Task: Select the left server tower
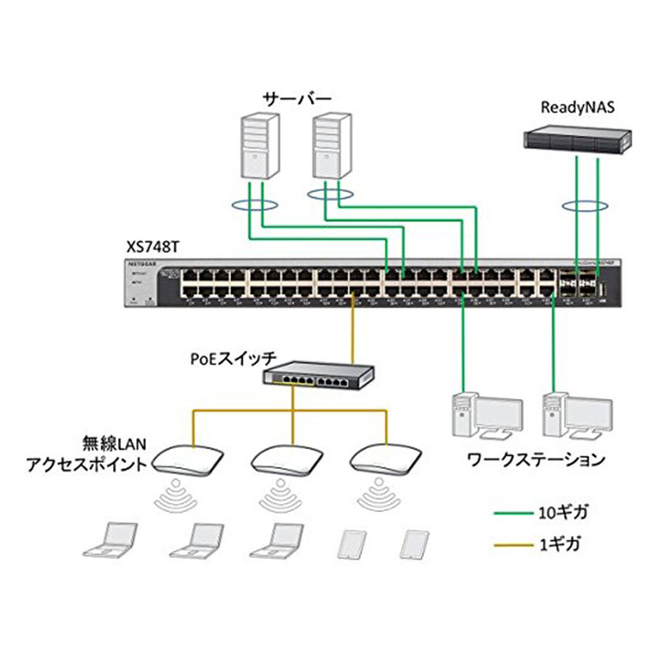260,146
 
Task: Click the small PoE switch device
320,374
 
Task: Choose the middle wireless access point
282,459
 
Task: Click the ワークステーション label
535,460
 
